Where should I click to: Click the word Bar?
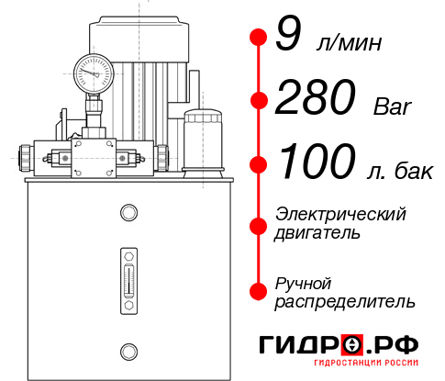[x=393, y=107]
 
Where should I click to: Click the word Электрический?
[x=340, y=214]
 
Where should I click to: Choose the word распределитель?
[x=345, y=301]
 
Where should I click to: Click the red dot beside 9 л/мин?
[x=258, y=37]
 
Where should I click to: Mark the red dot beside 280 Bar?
[x=258, y=100]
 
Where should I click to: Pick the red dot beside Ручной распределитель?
[x=258, y=291]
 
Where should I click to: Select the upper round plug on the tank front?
[x=128, y=214]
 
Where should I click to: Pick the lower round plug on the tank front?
[x=128, y=349]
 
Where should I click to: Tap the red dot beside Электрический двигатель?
[x=258, y=223]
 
